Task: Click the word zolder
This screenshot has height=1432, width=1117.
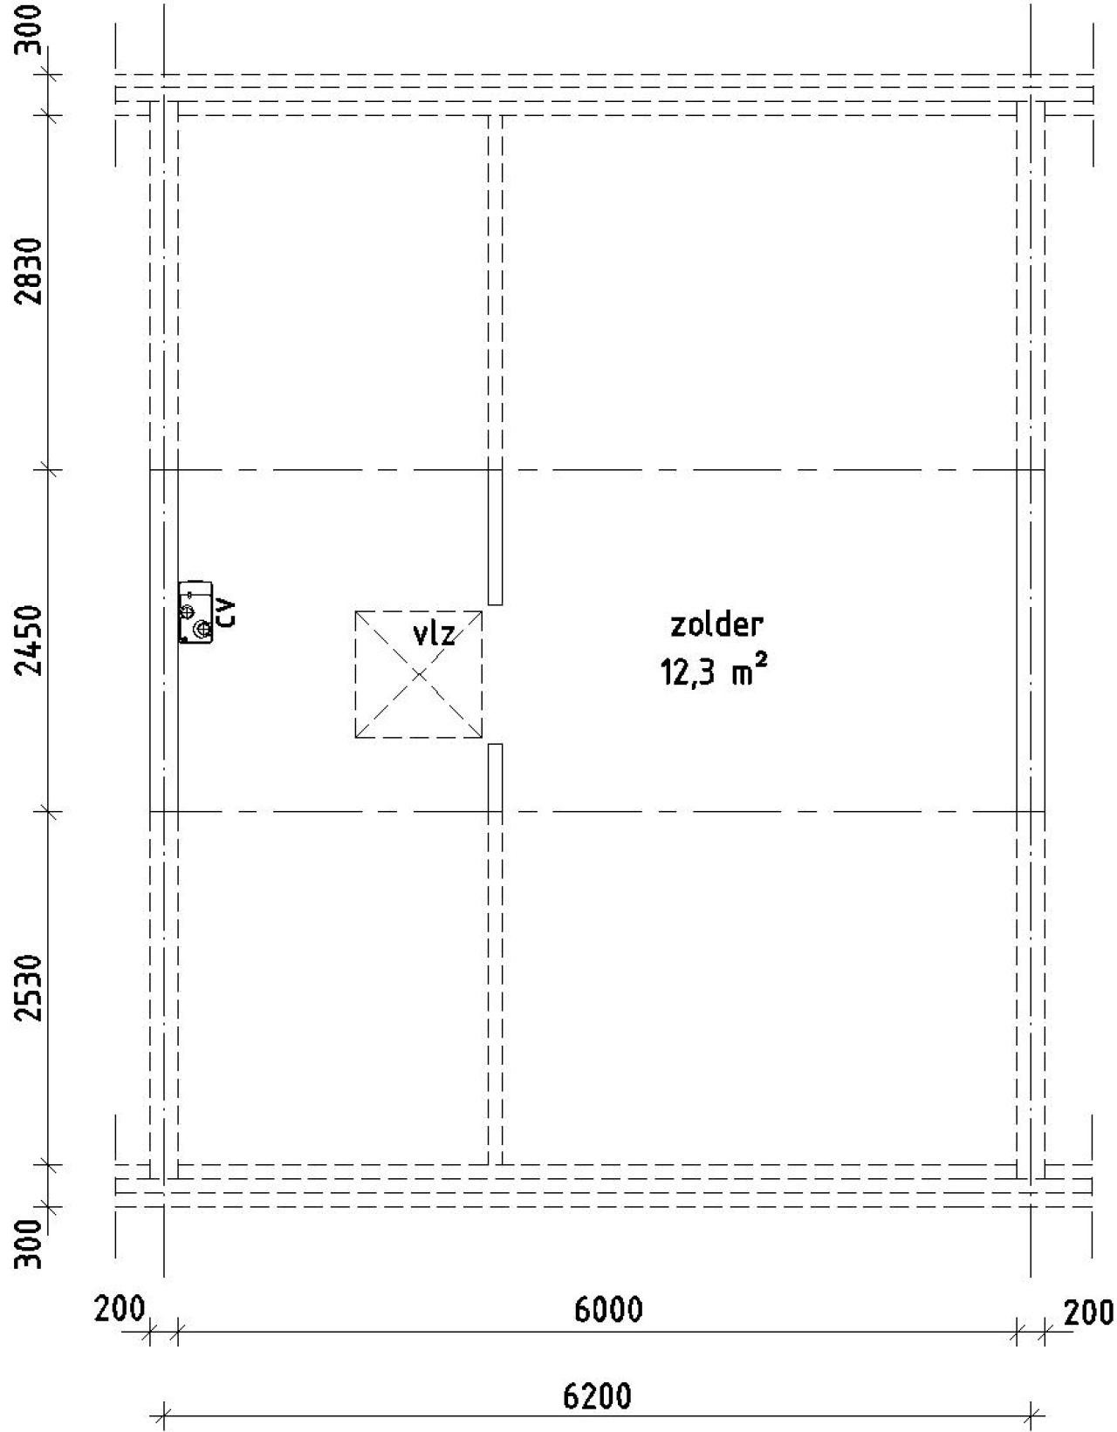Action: tap(716, 624)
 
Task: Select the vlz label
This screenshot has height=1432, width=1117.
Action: tap(433, 633)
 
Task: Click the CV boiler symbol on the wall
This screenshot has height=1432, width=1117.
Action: tap(195, 611)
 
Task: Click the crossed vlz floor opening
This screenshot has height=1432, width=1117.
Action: tap(419, 674)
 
